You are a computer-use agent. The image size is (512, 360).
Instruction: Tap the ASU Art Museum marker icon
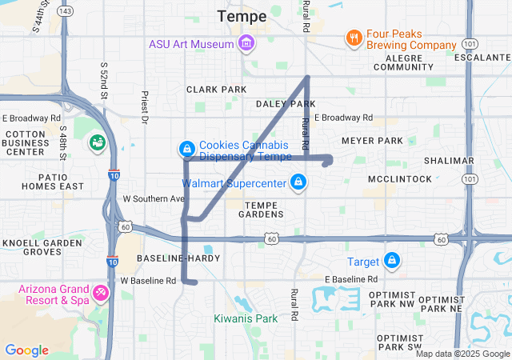(x=246, y=42)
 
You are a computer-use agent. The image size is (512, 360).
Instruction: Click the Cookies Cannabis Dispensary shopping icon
(x=186, y=149)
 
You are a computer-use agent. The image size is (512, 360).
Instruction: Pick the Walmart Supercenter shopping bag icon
(x=298, y=182)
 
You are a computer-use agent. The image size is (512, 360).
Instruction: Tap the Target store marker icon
(x=392, y=261)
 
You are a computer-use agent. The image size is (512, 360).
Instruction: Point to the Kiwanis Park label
(x=246, y=318)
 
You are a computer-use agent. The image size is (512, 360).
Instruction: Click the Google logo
(x=26, y=350)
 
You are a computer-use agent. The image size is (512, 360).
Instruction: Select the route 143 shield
(x=66, y=10)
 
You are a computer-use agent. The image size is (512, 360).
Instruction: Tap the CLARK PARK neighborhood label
(x=217, y=89)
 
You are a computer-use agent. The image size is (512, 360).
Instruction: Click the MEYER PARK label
(x=372, y=141)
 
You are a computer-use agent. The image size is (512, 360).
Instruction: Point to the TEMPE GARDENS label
(x=255, y=209)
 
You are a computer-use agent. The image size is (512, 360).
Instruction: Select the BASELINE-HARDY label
(x=174, y=258)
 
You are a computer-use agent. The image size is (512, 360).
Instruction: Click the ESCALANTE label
(x=482, y=58)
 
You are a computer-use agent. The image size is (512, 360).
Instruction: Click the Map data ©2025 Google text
(x=462, y=354)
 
